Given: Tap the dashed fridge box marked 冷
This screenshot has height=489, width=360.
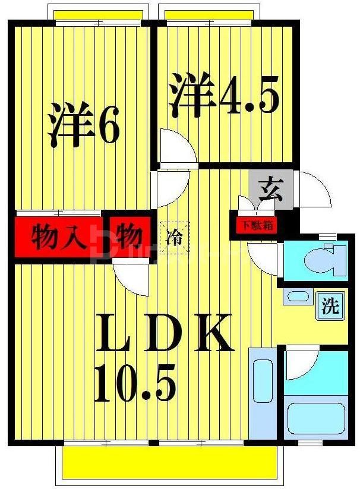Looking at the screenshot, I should pyautogui.click(x=175, y=237).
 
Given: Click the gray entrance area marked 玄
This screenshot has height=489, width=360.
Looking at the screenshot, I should pyautogui.click(x=270, y=189).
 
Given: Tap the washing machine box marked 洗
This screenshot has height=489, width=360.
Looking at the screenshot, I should pyautogui.click(x=330, y=307).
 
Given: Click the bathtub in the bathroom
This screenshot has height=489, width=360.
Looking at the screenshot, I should pyautogui.click(x=316, y=418).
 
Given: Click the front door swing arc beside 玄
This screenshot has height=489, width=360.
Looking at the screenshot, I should pyautogui.click(x=314, y=188).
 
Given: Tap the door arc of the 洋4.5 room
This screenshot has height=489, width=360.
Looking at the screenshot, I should pyautogui.click(x=177, y=147).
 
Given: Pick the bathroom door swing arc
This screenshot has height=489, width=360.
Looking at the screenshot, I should pyautogui.click(x=301, y=364).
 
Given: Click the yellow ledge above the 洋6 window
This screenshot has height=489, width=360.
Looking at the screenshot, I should pyautogui.click(x=98, y=14).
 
